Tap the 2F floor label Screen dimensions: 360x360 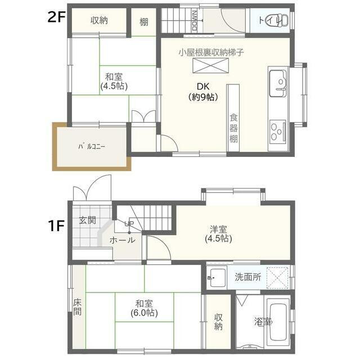[x=57, y=17]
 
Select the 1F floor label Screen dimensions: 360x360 [x=56, y=226]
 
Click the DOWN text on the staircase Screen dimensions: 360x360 [x=195, y=20]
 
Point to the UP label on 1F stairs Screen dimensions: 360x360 [x=129, y=223]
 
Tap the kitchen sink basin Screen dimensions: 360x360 [x=278, y=83]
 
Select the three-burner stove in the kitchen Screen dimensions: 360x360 [x=278, y=132]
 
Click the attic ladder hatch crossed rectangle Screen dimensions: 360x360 [x=210, y=65]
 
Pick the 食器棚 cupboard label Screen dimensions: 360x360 [x=233, y=128]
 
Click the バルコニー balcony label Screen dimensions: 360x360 [x=92, y=146]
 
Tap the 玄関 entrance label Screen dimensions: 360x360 [x=87, y=220]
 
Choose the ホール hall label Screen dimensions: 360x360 [x=123, y=240]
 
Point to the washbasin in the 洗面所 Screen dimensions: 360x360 [x=217, y=277]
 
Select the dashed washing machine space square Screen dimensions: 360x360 [x=277, y=278]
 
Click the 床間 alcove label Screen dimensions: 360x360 [x=78, y=307]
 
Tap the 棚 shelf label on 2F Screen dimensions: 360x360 [x=144, y=22]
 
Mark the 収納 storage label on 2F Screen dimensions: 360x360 [x=99, y=20]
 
